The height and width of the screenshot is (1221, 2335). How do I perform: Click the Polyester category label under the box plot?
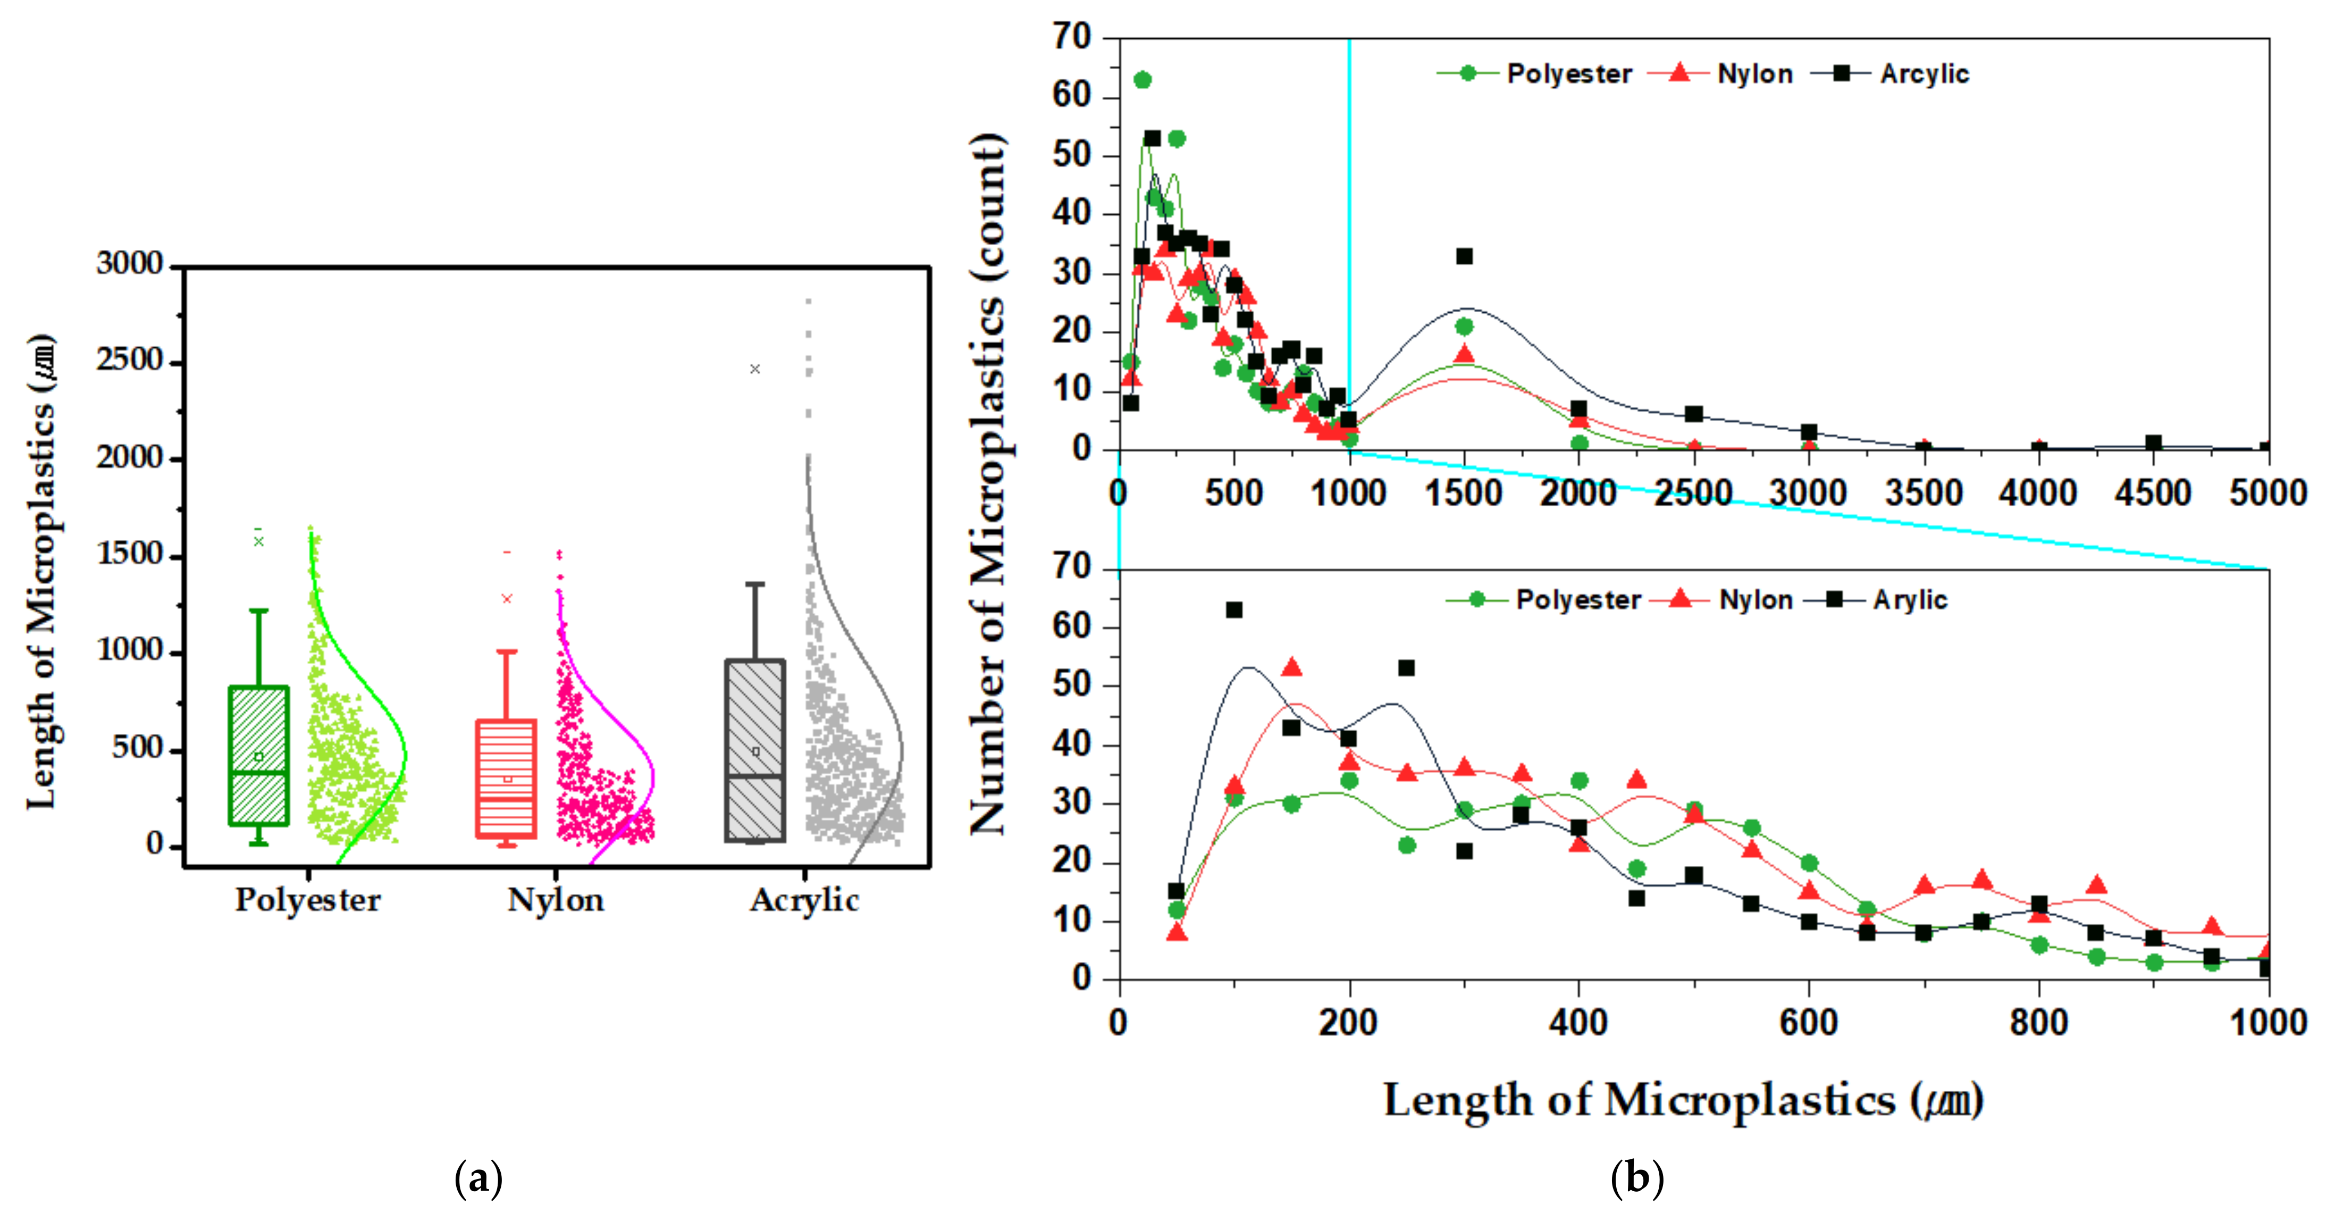(308, 900)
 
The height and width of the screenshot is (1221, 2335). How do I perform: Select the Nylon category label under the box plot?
(556, 900)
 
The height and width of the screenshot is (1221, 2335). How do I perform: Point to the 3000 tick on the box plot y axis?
(130, 264)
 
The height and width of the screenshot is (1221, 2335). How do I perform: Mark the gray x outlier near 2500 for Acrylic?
(755, 369)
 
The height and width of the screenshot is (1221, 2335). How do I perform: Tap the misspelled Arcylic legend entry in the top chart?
(1924, 73)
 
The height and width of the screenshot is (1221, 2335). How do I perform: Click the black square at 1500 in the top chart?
(1465, 256)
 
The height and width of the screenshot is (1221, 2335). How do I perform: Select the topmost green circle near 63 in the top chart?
(1143, 80)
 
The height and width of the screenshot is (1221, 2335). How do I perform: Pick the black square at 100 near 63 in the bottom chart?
(1233, 610)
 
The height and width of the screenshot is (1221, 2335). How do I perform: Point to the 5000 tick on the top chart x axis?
(2268, 493)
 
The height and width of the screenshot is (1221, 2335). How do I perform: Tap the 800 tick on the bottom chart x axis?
(2038, 1023)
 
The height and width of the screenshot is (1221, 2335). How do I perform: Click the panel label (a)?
(478, 1178)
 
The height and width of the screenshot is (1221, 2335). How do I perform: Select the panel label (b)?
(1637, 1178)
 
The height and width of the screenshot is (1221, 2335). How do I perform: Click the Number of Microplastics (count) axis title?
(988, 485)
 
